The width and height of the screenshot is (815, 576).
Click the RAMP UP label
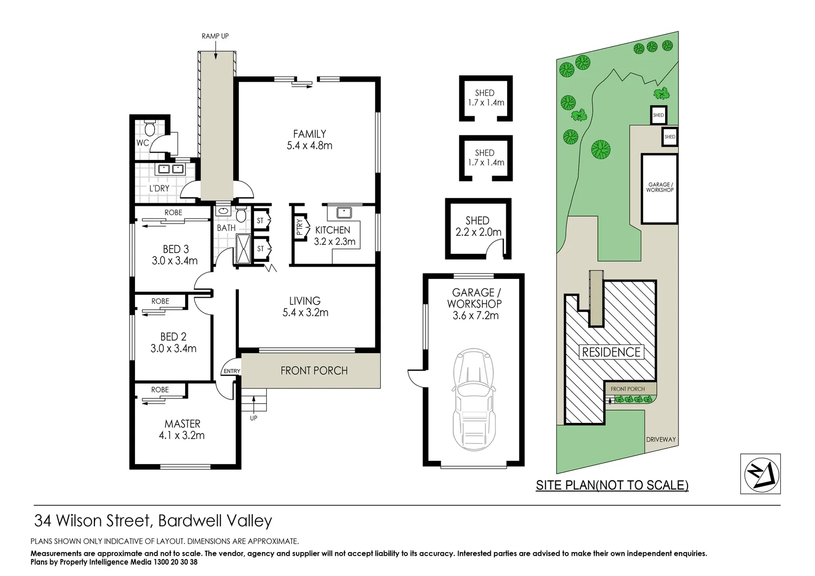click(215, 36)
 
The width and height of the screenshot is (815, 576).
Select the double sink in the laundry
click(170, 169)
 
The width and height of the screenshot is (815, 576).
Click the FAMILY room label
click(309, 134)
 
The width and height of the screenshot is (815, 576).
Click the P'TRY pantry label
click(300, 227)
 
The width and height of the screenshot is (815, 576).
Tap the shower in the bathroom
click(243, 248)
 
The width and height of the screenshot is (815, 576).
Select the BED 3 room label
click(175, 249)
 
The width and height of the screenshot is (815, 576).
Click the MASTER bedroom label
click(182, 424)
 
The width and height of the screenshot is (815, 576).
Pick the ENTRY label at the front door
click(232, 371)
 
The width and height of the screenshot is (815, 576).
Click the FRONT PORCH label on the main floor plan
click(314, 371)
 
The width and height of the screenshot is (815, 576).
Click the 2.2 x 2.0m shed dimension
click(478, 232)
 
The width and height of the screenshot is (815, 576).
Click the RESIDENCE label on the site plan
click(611, 352)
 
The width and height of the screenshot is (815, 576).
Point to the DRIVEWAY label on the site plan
click(661, 439)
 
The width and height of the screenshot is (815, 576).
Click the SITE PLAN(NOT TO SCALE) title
click(612, 485)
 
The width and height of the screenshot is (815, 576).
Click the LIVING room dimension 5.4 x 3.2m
click(305, 313)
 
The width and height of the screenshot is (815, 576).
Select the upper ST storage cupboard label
click(260, 221)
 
